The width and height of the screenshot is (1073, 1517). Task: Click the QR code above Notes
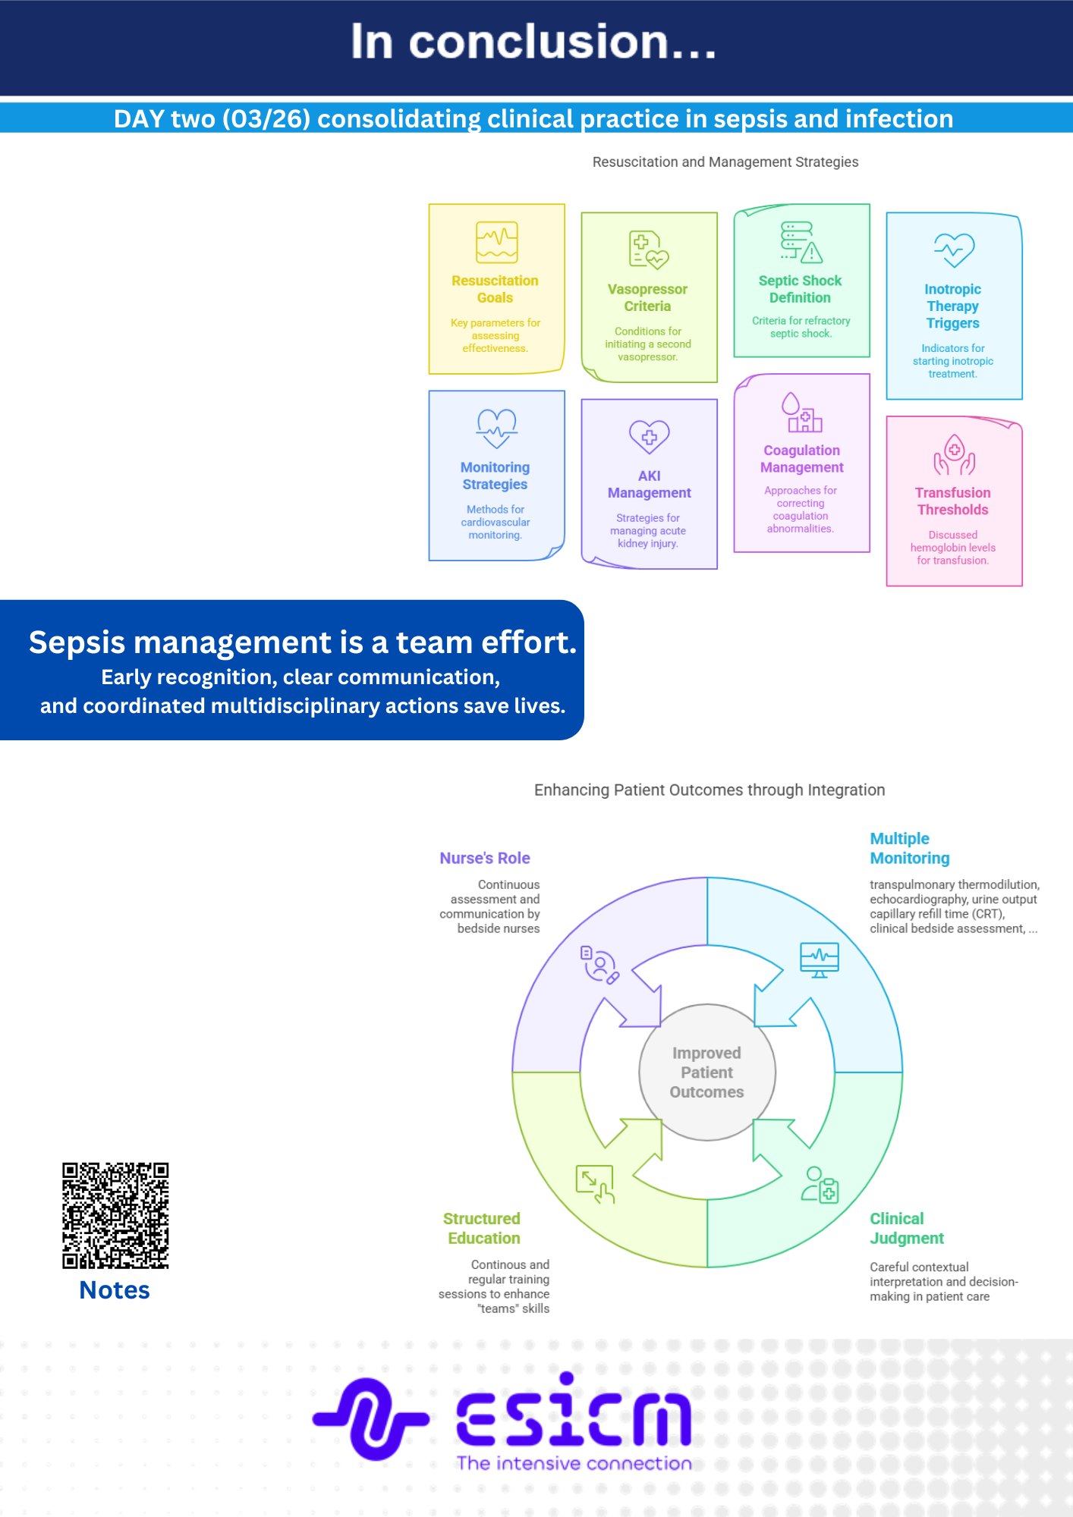click(x=115, y=1215)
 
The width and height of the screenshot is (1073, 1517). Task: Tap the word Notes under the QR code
click(x=115, y=1290)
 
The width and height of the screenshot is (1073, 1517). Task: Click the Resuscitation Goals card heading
click(x=495, y=289)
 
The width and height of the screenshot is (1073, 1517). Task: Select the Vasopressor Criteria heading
click(x=647, y=297)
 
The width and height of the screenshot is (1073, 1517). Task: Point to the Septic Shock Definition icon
click(x=801, y=241)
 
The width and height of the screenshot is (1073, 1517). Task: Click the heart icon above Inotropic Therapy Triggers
click(x=954, y=250)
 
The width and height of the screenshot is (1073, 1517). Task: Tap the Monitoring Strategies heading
click(x=495, y=476)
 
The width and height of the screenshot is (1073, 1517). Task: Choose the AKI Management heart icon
click(x=649, y=436)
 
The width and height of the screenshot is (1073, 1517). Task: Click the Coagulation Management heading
click(x=801, y=459)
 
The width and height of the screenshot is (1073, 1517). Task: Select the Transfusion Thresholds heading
click(x=952, y=501)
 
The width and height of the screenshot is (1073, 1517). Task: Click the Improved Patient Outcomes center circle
click(x=706, y=1072)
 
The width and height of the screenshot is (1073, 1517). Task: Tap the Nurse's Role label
click(x=485, y=858)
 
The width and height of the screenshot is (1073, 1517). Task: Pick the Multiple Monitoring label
click(x=909, y=849)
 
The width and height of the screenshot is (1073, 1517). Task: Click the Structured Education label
click(x=482, y=1228)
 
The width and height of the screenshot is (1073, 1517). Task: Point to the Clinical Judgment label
click(x=906, y=1228)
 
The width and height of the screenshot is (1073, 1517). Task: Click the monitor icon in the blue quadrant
click(x=820, y=960)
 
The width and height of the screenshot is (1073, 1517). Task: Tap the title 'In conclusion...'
click(x=533, y=42)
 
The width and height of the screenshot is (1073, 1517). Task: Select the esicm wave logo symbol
click(x=370, y=1418)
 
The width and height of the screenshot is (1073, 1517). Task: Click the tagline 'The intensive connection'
click(x=574, y=1463)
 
